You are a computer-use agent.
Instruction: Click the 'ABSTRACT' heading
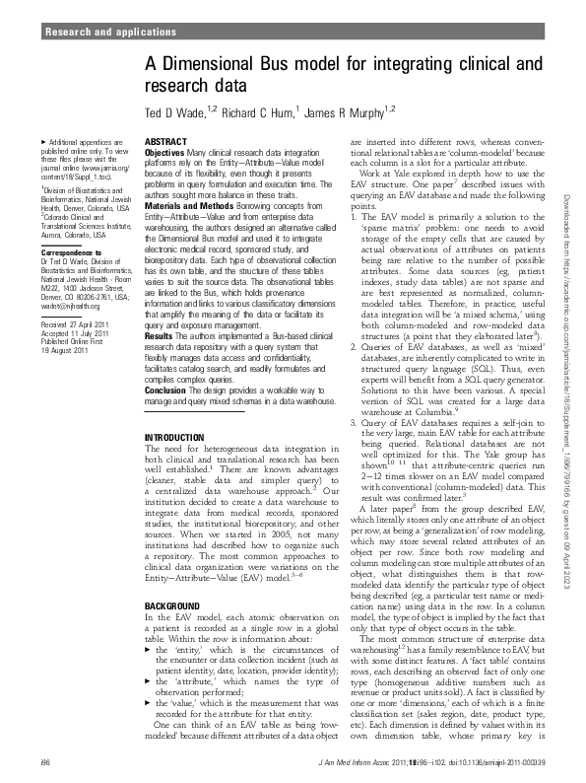pos(165,143)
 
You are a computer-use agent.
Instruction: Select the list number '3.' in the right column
pos(355,421)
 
